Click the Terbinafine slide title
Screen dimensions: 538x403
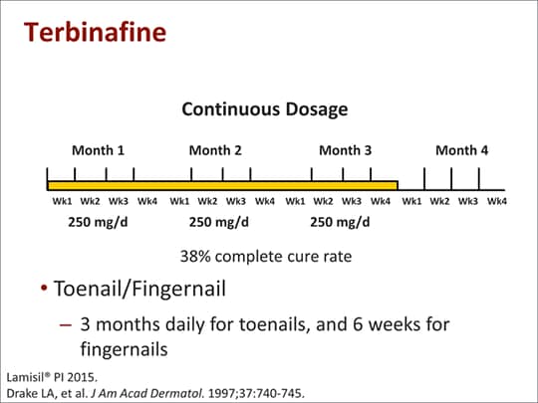click(x=95, y=32)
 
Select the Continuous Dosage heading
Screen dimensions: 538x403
click(x=265, y=109)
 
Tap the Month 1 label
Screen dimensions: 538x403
click(x=98, y=150)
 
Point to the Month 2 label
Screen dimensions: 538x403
click(x=215, y=150)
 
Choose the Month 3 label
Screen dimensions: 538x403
click(x=345, y=150)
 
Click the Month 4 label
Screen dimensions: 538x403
click(x=462, y=150)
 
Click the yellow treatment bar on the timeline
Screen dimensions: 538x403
click(x=222, y=186)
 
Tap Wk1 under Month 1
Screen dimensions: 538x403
click(x=63, y=201)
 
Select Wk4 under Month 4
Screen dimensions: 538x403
click(x=497, y=201)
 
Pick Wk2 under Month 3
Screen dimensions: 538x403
click(x=323, y=201)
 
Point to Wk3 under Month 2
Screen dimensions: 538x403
click(x=236, y=201)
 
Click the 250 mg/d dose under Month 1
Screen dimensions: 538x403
click(x=98, y=223)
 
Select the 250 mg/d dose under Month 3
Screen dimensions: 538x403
click(x=340, y=223)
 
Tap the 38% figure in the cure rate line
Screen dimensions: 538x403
click(x=195, y=257)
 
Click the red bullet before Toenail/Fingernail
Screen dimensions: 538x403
click(x=44, y=288)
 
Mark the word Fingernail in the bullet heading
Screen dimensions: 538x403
click(x=178, y=289)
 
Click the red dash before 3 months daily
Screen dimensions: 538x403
click(x=66, y=324)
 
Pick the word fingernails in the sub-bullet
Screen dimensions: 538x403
click(x=124, y=349)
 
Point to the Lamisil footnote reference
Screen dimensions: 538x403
click(x=52, y=377)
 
